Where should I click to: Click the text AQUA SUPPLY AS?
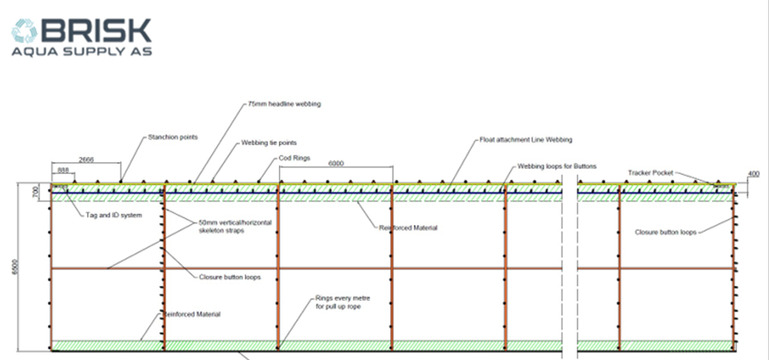pos(82,52)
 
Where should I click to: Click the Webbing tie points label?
pos(269,142)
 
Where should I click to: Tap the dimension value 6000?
pos(338,163)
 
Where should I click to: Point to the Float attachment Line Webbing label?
pos(526,140)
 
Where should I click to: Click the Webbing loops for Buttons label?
pos(558,166)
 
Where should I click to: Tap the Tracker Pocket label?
pos(650,173)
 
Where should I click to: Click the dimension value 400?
pos(753,175)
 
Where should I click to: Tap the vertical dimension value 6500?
pos(14,268)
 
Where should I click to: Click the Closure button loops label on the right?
pos(665,232)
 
